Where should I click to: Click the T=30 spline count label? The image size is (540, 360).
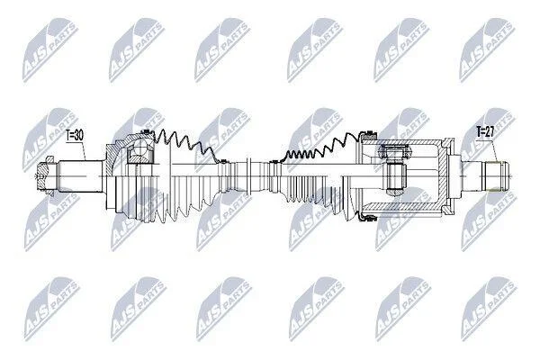coord(75,135)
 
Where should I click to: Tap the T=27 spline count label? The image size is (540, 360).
coord(485,131)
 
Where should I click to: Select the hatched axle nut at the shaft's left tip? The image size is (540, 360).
coord(44,176)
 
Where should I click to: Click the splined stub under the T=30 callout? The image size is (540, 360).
coord(81,176)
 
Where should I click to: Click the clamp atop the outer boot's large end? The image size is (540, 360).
coord(147,131)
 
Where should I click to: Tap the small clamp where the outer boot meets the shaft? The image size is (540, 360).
coord(223,160)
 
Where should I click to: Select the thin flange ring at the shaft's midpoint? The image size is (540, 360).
coord(249,176)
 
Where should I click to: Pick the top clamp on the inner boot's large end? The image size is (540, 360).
coord(368,132)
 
